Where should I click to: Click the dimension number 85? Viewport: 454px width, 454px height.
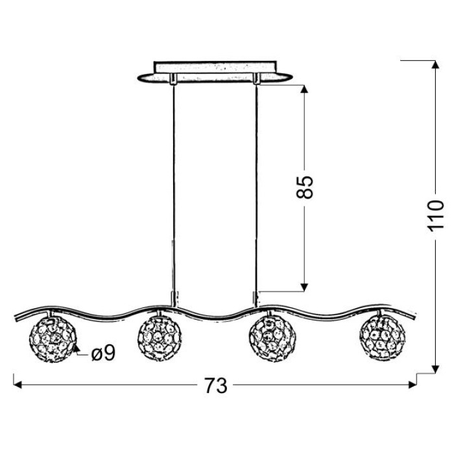pyautogui.click(x=305, y=187)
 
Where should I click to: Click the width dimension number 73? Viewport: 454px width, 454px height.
pyautogui.click(x=216, y=386)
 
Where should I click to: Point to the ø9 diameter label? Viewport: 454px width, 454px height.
pyautogui.click(x=103, y=353)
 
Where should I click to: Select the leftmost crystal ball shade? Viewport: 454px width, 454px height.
pyautogui.click(x=53, y=340)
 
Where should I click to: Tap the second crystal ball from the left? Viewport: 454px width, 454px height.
pyautogui.click(x=160, y=338)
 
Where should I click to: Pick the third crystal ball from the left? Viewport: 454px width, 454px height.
pyautogui.click(x=272, y=339)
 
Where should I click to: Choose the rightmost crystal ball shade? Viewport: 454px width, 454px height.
pyautogui.click(x=382, y=338)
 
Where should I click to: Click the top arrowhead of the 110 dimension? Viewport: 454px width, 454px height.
pyautogui.click(x=435, y=65)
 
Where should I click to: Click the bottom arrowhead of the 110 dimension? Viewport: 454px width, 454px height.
pyautogui.click(x=435, y=369)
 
